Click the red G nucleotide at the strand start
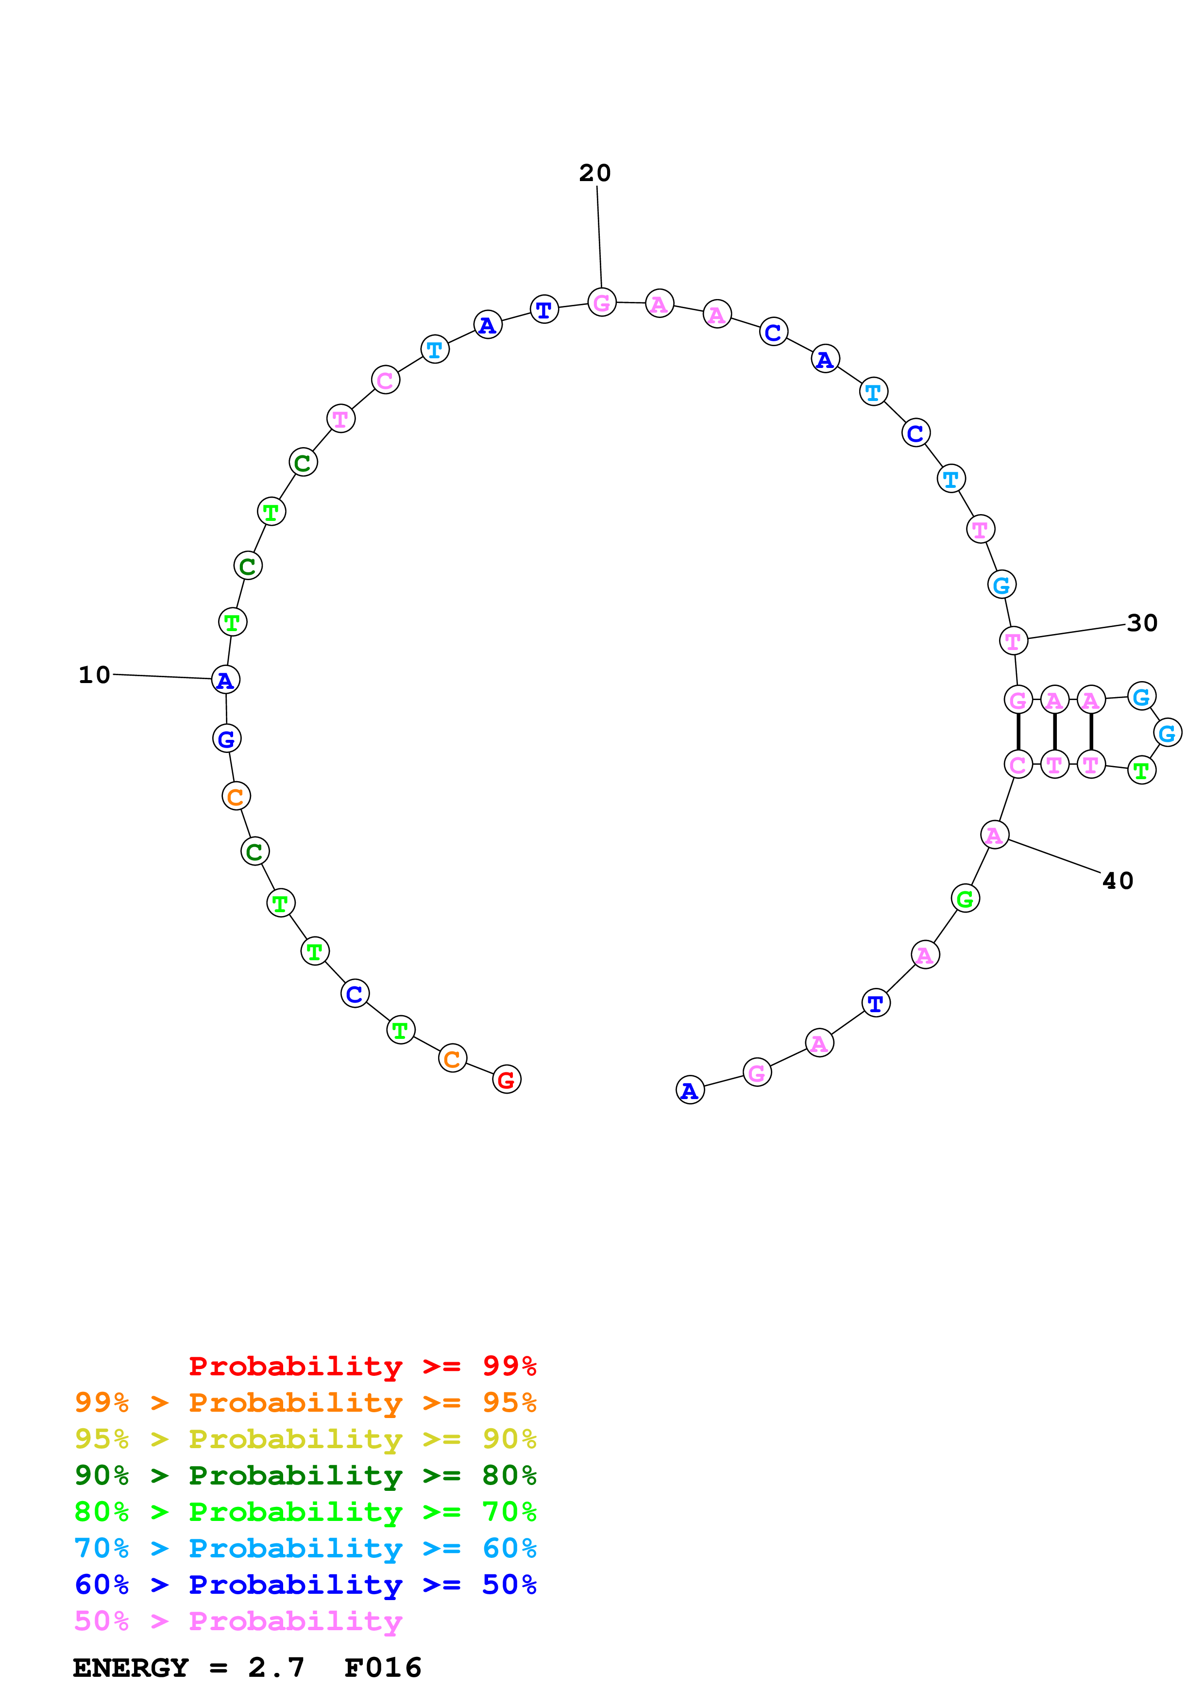pyautogui.click(x=507, y=1079)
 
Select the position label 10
pyautogui.click(x=94, y=675)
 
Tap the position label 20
pyautogui.click(x=595, y=173)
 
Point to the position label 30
pyautogui.click(x=1142, y=623)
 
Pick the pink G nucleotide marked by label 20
pyautogui.click(x=602, y=302)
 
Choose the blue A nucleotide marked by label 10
pyautogui.click(x=225, y=680)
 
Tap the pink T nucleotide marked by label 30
pyautogui.click(x=1013, y=641)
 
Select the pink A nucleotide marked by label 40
pyautogui.click(x=994, y=835)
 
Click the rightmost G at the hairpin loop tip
pyautogui.click(x=1167, y=734)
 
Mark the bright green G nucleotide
pyautogui.click(x=965, y=899)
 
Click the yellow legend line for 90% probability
pyautogui.click(x=305, y=1439)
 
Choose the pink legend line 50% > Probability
pyautogui.click(x=238, y=1620)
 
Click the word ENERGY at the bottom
pyautogui.click(x=131, y=1668)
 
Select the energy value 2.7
pyautogui.click(x=276, y=1668)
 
